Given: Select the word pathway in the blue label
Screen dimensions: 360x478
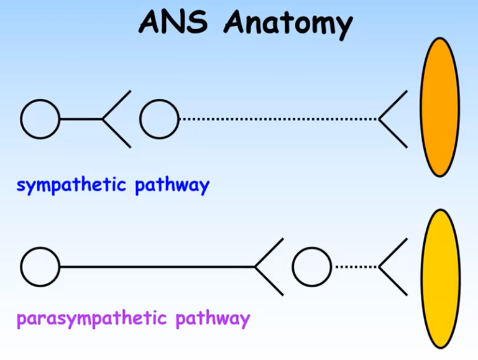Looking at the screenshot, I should point(172,185).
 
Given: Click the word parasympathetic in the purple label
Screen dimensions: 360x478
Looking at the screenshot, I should point(92,320).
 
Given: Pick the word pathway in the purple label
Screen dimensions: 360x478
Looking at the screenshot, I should point(213,320).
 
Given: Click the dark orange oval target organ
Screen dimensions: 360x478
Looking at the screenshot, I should point(439,107).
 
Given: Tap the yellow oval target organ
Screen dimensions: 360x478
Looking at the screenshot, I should point(441,270).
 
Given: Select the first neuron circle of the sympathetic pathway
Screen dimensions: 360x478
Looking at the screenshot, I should point(40,119).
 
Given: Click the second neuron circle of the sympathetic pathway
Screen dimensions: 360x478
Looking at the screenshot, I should point(159,119).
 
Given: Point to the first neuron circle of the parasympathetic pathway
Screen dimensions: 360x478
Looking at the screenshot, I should point(40,267).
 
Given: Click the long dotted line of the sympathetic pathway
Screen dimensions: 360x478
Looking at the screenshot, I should point(278,119).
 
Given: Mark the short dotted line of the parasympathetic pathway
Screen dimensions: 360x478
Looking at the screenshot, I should point(355,267).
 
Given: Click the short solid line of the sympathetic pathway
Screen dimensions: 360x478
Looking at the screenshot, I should point(81,119).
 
